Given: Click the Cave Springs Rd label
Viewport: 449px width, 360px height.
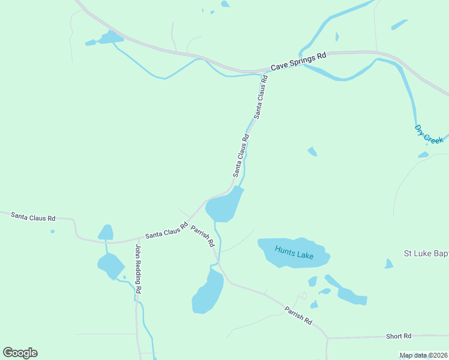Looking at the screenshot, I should click(298, 62).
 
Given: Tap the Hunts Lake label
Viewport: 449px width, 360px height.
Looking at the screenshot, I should click(294, 252).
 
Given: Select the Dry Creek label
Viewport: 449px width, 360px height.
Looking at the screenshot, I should click(429, 134).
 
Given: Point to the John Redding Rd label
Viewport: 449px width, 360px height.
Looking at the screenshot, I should click(138, 269).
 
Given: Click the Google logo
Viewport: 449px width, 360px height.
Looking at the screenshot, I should click(20, 353).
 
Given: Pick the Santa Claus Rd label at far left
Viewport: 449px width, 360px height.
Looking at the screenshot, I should click(33, 216).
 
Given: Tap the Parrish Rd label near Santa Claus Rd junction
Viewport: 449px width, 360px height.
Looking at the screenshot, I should click(203, 236).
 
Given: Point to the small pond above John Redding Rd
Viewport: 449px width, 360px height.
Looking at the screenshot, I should click(106, 232).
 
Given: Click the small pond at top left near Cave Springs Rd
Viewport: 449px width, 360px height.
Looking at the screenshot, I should click(110, 38).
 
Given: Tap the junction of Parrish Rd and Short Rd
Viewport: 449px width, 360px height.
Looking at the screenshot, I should click(327, 338).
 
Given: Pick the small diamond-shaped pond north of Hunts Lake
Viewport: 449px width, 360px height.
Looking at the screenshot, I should click(312, 151).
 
